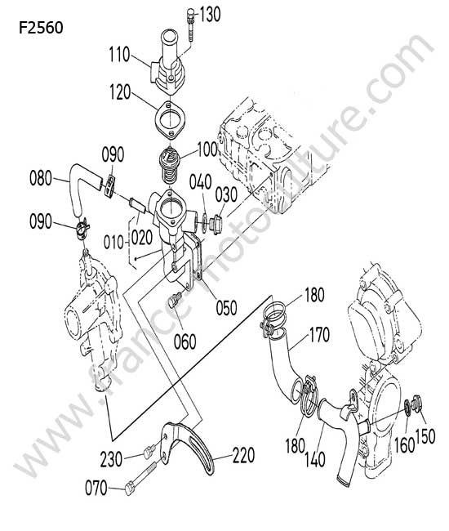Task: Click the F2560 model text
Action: [x=41, y=28]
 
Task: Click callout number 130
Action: [x=210, y=15]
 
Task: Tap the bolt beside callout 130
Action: [x=190, y=25]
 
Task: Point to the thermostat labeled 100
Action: [x=169, y=166]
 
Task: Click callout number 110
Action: [x=119, y=54]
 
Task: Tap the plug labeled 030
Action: [x=215, y=223]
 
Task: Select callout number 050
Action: [x=226, y=308]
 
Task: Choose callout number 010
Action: [x=113, y=243]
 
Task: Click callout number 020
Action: [x=142, y=238]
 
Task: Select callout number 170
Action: [x=319, y=335]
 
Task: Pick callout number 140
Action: [x=315, y=460]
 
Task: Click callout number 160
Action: [x=405, y=445]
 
